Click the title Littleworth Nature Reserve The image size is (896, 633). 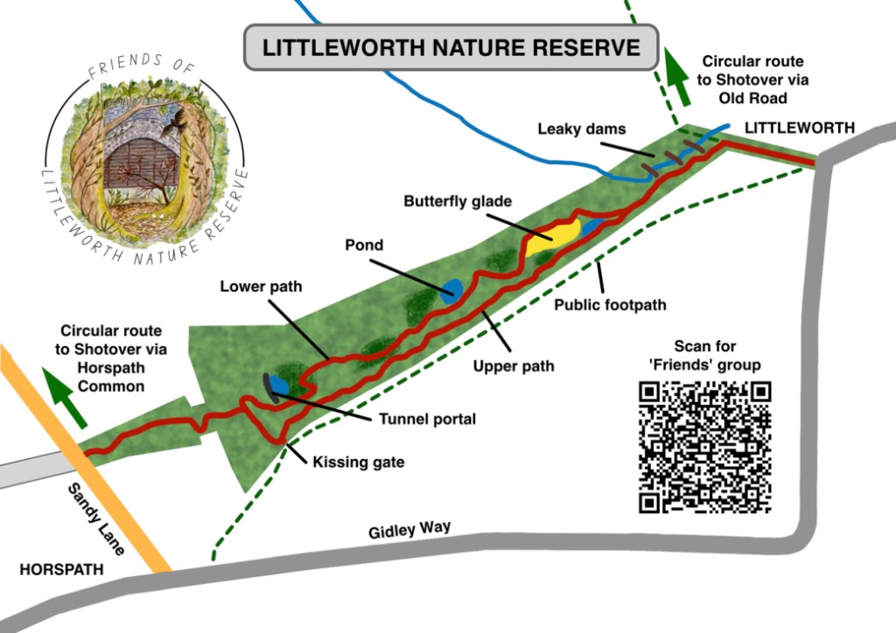[x=451, y=47]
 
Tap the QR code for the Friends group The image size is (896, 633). [x=704, y=447]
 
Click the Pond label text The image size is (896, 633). [x=364, y=245]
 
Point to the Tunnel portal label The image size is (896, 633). [x=427, y=419]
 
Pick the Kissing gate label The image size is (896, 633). [x=359, y=462]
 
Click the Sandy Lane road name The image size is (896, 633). [x=96, y=519]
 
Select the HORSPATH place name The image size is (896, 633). [x=61, y=569]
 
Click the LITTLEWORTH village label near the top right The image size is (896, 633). [x=799, y=128]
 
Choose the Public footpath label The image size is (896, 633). [x=611, y=305]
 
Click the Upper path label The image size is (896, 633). [x=514, y=365]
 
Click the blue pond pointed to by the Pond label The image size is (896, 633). [x=451, y=291]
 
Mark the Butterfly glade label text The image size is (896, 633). [x=457, y=201]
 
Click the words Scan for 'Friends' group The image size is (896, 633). [x=705, y=355]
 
